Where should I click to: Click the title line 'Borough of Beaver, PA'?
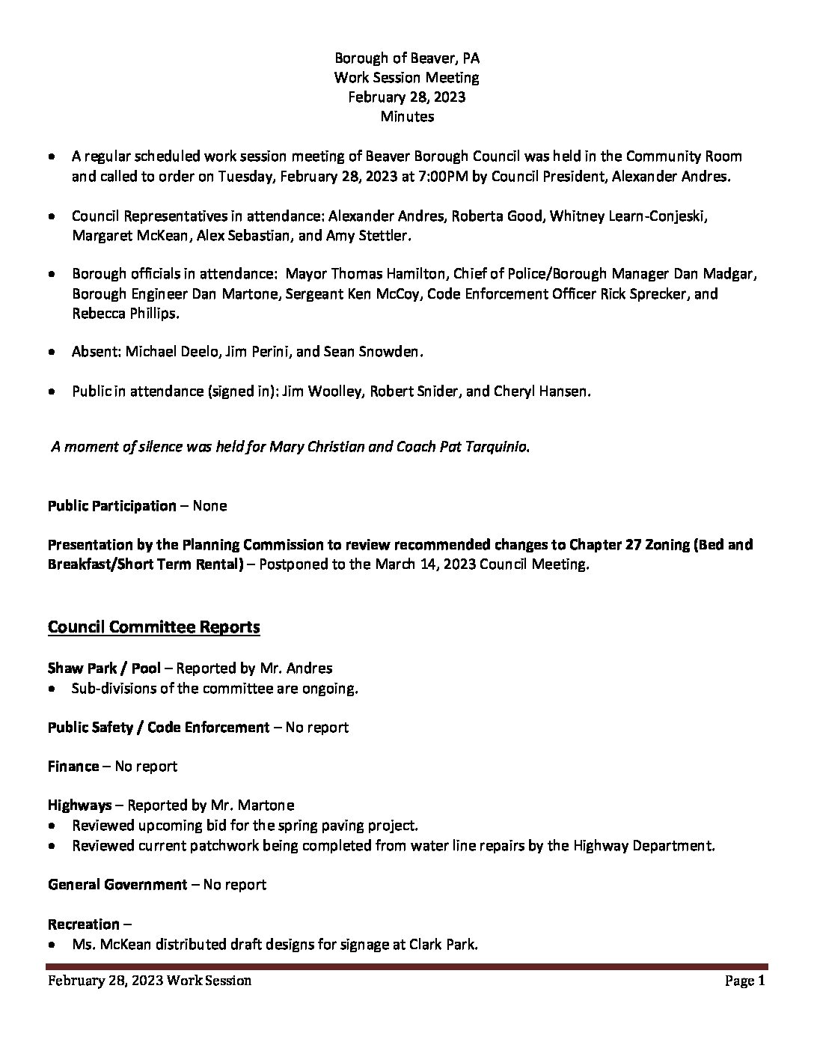coord(407,58)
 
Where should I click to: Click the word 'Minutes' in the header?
coord(407,116)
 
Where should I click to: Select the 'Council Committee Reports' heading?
coord(153,627)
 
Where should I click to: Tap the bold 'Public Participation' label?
coord(112,505)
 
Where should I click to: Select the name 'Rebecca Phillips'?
coord(125,313)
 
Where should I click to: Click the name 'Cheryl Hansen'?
coord(540,391)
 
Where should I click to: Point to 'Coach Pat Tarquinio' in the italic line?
coord(468,447)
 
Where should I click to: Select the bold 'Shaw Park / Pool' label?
coord(104,667)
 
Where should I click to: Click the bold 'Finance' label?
coord(73,766)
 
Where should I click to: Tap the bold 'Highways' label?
coord(79,805)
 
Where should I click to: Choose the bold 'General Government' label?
coord(117,884)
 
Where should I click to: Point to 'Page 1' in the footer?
coord(744,981)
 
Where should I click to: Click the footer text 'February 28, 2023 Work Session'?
coord(150,981)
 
